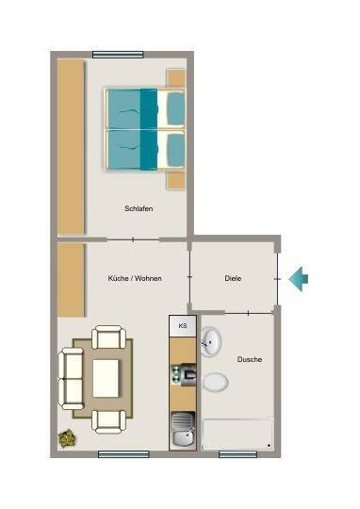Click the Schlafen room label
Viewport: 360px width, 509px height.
coord(139,208)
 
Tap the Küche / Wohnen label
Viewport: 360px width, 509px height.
coord(135,278)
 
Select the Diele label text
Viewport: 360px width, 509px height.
coord(233,278)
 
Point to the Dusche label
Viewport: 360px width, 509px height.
coord(250,359)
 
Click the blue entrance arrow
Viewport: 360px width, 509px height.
coord(299,279)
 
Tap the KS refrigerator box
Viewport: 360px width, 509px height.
coord(183,325)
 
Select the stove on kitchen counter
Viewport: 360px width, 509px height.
coord(184,374)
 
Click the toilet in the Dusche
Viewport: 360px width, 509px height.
coord(214,382)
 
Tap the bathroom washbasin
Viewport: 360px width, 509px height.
coord(211,342)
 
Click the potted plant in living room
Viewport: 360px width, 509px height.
coord(68,437)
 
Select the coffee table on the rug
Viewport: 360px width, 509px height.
coord(106,378)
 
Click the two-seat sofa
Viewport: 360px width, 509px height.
coord(71,379)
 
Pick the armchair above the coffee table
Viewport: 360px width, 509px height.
coord(108,337)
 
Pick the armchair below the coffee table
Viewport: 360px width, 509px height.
coord(108,421)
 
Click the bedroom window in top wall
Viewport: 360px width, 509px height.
coord(118,55)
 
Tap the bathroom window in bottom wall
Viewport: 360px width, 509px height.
coord(237,454)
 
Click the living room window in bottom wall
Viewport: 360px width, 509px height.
coord(123,454)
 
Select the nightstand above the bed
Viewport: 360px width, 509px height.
coord(176,78)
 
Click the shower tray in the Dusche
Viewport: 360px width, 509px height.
coord(237,434)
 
